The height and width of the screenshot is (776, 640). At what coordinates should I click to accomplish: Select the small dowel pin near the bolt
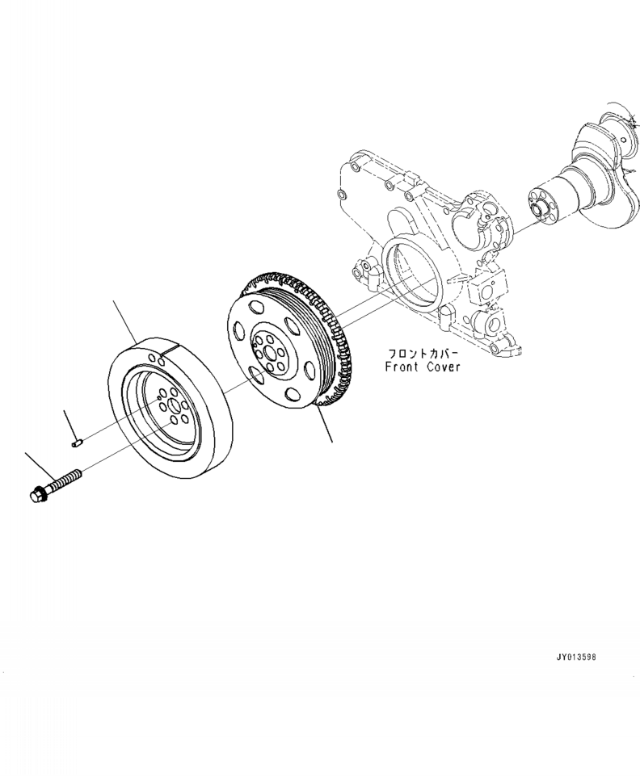pyautogui.click(x=78, y=442)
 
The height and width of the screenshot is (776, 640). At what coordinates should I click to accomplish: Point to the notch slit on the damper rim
pyautogui.click(x=161, y=356)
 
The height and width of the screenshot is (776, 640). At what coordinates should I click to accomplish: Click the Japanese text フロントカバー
pyautogui.click(x=424, y=353)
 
